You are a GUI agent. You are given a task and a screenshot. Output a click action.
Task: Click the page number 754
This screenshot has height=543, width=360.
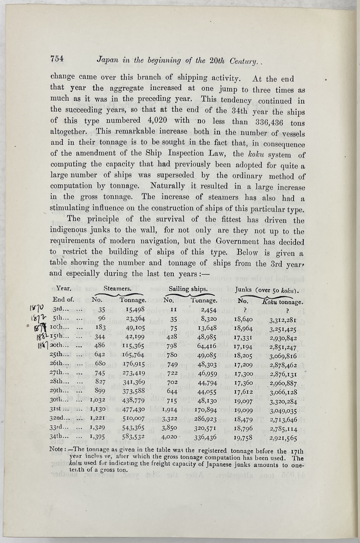57,59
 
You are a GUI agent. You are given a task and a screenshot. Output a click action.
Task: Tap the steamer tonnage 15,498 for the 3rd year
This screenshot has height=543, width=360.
133,309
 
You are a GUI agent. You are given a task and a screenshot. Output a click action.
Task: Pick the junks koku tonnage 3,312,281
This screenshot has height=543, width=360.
283,320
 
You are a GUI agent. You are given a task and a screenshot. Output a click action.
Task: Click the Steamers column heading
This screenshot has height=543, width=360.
117,289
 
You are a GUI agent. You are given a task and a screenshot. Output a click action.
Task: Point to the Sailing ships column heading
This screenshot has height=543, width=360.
188,289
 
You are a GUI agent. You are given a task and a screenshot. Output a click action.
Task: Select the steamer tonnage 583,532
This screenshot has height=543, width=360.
133,437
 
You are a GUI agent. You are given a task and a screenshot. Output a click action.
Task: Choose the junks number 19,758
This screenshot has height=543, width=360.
243,437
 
